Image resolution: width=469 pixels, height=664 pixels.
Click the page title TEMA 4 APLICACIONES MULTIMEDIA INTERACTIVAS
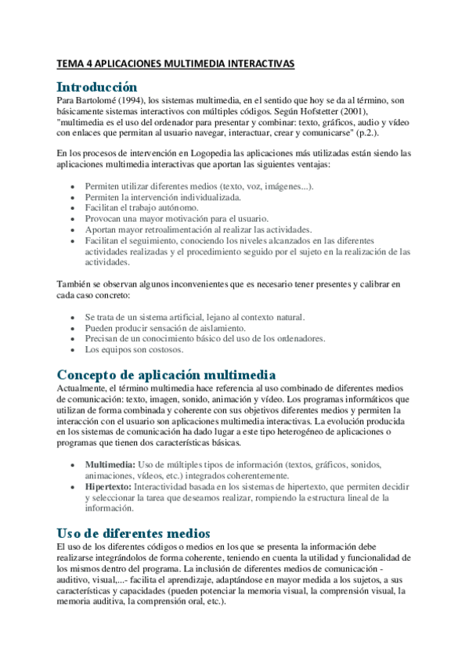pyautogui.click(x=176, y=64)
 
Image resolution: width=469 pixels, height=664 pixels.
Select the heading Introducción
pyautogui.click(x=98, y=87)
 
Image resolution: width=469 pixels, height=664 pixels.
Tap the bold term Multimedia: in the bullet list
pyautogui.click(x=110, y=464)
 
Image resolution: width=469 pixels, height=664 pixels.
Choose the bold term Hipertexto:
pyautogui.click(x=109, y=486)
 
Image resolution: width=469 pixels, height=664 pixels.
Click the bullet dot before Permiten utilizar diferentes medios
pyautogui.click(x=74, y=187)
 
